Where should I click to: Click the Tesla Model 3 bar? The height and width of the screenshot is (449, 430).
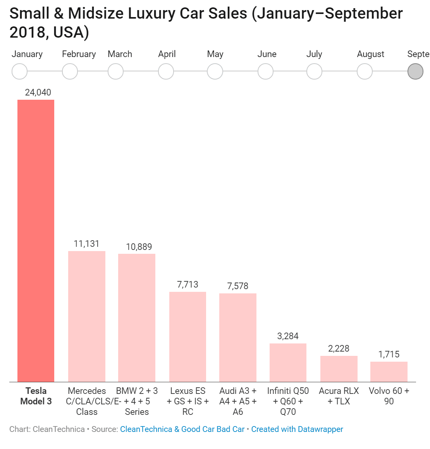(x=36, y=241)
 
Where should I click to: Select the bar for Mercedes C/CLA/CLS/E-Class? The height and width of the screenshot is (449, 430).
(x=87, y=316)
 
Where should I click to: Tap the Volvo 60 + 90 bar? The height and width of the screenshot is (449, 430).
(x=389, y=372)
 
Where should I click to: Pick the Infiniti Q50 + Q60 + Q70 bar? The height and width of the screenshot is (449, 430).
(x=288, y=362)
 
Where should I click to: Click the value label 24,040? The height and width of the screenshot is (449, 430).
(x=38, y=92)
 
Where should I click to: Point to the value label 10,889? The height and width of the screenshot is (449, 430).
(x=139, y=247)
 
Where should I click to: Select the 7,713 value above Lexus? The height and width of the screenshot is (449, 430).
(x=187, y=284)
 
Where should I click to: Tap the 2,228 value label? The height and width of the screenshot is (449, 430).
(x=339, y=348)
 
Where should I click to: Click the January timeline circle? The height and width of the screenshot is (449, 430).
(x=20, y=71)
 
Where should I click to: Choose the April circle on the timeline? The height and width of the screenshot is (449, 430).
(x=166, y=71)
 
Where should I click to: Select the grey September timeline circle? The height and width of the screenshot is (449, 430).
(x=415, y=71)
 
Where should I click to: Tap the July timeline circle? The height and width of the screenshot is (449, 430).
(x=314, y=71)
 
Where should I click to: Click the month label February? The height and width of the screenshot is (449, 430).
(x=79, y=54)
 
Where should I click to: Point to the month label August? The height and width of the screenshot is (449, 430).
(x=370, y=54)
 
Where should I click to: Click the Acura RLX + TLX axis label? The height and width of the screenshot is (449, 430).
(x=339, y=396)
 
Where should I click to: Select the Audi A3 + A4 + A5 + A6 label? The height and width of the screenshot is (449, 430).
(x=238, y=401)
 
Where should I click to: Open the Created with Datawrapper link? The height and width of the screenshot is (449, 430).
(x=297, y=429)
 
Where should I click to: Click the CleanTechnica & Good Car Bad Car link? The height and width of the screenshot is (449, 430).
(x=182, y=429)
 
